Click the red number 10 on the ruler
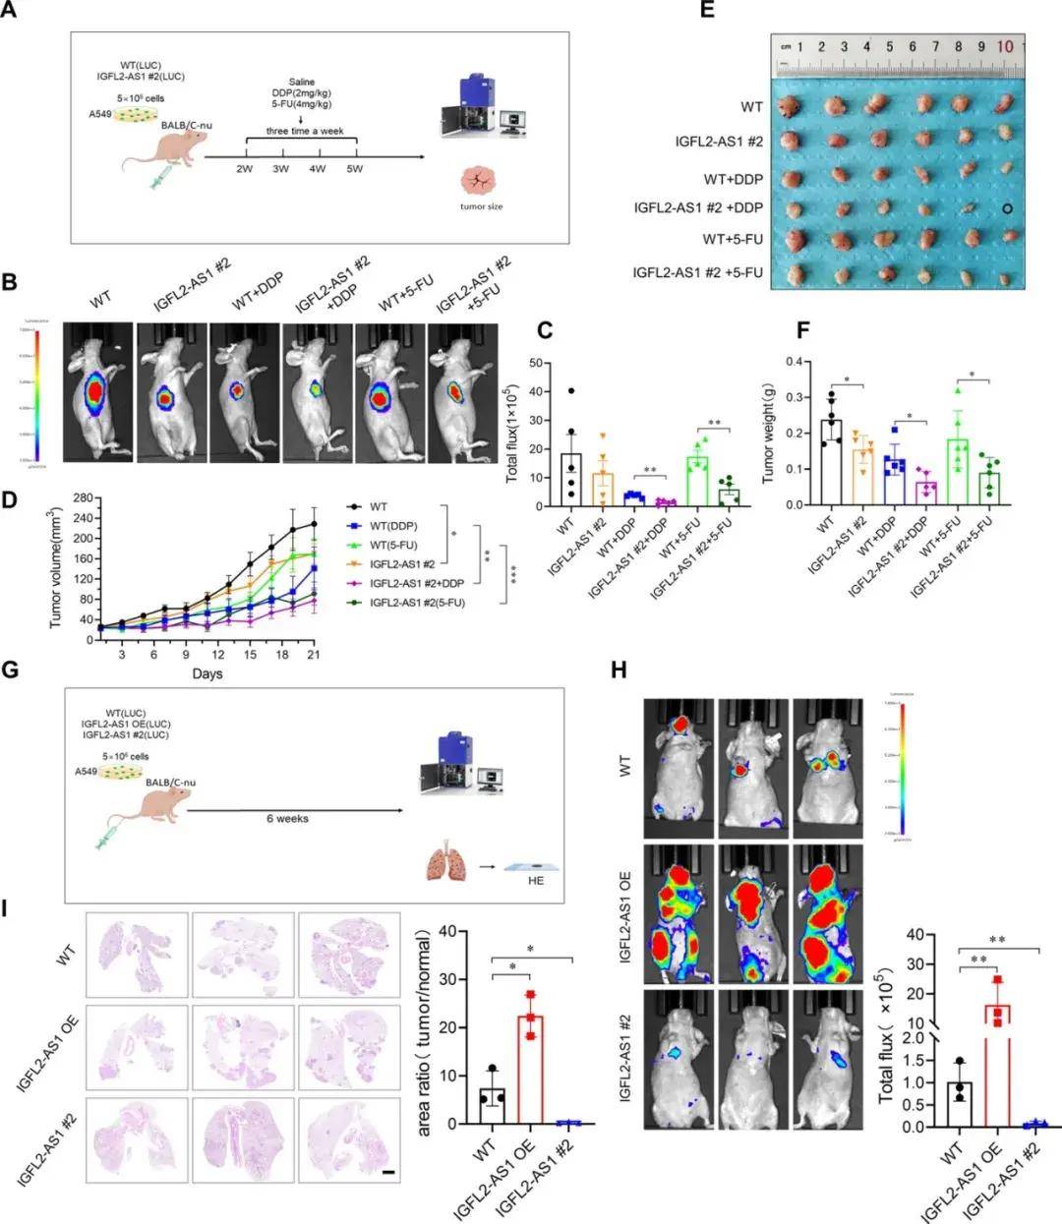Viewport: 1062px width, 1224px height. click(1005, 46)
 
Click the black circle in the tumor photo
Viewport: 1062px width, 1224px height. click(1007, 208)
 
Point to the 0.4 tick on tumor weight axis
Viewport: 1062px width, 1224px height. click(783, 362)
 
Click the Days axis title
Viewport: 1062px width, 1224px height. click(207, 673)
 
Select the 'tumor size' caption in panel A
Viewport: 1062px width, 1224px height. click(480, 206)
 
